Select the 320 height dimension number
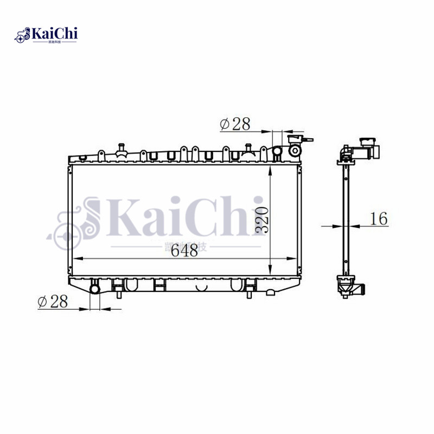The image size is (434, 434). tap(261, 220)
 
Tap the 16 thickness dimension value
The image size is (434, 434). tap(379, 219)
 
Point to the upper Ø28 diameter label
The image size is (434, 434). tap(235, 124)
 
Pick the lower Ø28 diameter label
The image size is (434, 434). tap(53, 302)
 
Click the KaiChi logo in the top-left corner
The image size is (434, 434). tap(46, 35)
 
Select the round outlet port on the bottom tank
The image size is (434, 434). tap(95, 288)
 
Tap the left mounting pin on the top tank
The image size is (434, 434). tap(122, 147)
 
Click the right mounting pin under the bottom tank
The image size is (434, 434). tap(249, 293)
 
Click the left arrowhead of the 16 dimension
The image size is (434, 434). tap(337, 226)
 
